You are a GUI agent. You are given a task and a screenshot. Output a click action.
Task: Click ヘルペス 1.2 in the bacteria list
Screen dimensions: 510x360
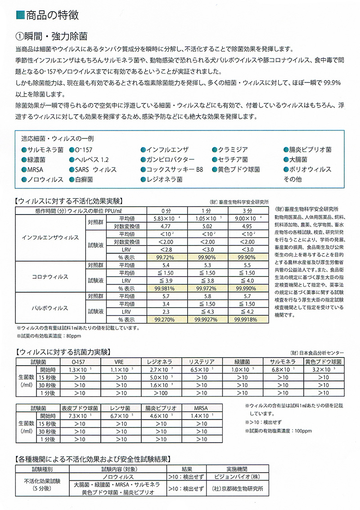coord(93,160)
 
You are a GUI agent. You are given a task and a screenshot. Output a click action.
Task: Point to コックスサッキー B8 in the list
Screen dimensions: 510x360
coord(175,170)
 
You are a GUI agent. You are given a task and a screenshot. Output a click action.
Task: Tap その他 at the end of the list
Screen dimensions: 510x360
coord(292,179)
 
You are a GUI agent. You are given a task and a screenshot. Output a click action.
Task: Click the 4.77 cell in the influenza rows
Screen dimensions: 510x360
coord(165,226)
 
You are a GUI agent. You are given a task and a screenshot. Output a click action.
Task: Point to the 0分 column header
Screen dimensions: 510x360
coord(165,211)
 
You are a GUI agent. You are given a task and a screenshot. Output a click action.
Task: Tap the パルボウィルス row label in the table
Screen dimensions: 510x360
coord(50,308)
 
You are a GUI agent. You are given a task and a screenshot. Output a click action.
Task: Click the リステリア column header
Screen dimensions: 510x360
coord(198,362)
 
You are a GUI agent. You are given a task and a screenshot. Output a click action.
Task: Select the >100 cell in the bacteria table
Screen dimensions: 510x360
coord(160,393)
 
